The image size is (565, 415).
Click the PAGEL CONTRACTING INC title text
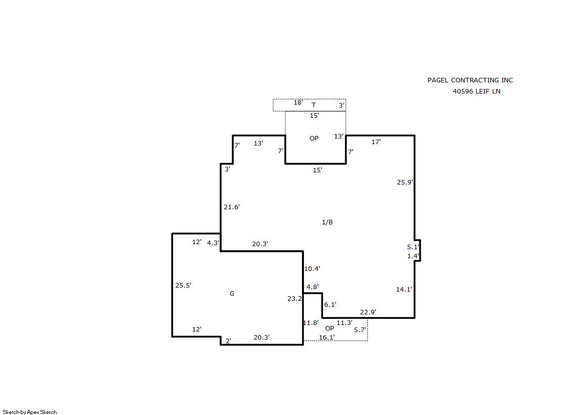click(470, 80)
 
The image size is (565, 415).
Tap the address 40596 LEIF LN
click(476, 91)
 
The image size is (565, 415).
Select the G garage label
click(232, 293)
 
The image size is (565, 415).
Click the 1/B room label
click(327, 222)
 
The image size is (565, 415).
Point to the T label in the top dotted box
click(314, 105)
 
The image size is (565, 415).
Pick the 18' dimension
click(298, 103)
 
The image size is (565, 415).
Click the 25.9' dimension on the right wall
click(404, 182)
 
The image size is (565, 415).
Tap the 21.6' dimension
click(232, 207)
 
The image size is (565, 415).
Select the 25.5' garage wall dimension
click(183, 285)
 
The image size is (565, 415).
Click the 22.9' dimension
click(368, 312)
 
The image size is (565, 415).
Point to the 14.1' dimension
click(404, 289)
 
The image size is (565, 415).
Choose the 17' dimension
click(376, 142)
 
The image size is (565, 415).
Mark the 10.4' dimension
click(312, 268)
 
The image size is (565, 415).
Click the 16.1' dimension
click(327, 338)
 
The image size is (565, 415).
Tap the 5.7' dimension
click(360, 330)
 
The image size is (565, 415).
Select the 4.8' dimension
click(313, 287)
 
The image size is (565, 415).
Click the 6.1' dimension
click(330, 305)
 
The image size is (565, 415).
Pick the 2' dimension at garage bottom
click(228, 341)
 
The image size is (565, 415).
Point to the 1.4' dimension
click(413, 256)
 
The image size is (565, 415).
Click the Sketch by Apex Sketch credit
click(30, 412)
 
